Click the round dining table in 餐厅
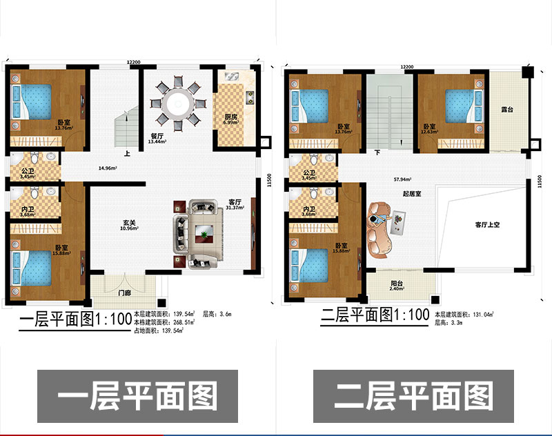coord(178,105)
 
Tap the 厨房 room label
coord(231,117)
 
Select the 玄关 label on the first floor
coord(128,223)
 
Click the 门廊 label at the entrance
coord(124,293)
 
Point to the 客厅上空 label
coord(487,224)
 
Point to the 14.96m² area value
coord(108,168)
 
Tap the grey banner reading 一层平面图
coord(137,397)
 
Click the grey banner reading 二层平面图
coord(414,397)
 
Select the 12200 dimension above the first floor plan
coord(135,63)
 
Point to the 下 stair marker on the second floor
coord(377,151)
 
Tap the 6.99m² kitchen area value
coord(232,123)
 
